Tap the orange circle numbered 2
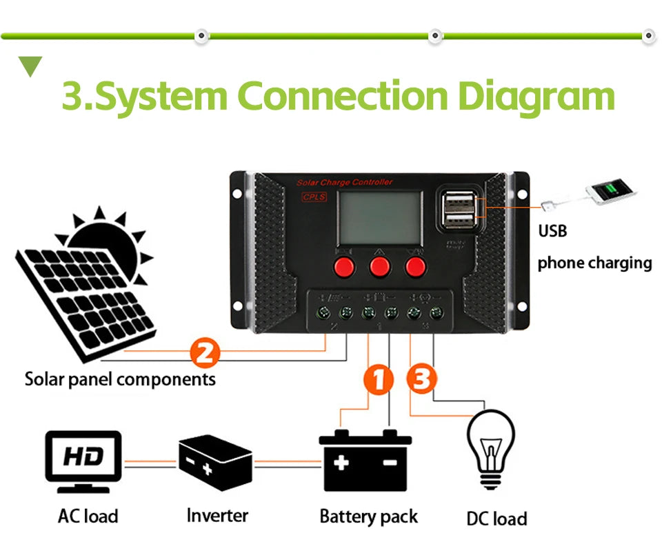tap(204, 354)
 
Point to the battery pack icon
tap(365, 460)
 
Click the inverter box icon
tap(215, 461)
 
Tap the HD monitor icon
tap(83, 460)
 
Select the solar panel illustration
tap(86, 290)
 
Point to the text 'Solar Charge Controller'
tap(344, 182)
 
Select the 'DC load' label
tap(496, 519)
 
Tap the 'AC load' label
tap(88, 516)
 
